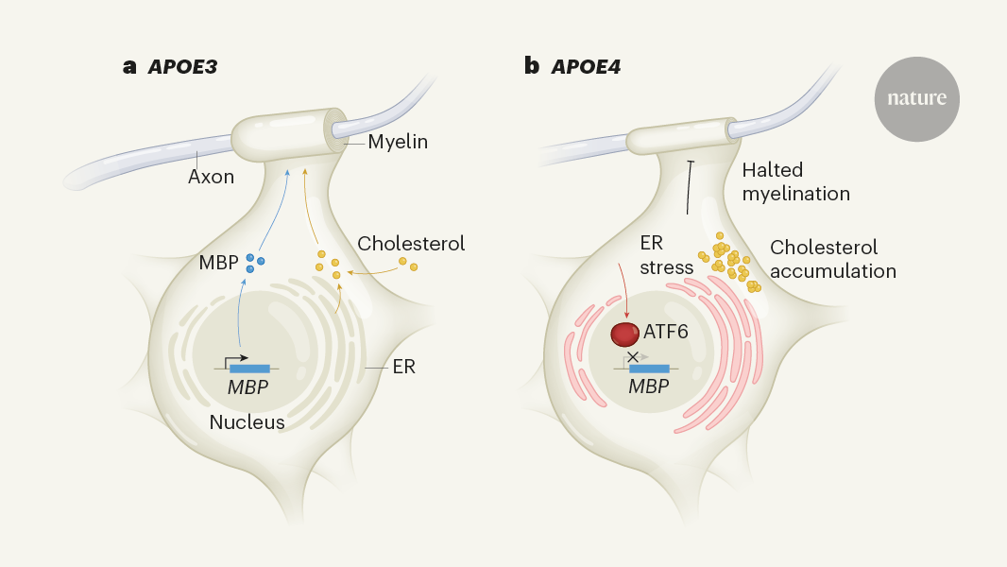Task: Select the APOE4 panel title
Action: [572, 67]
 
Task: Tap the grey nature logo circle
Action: [915, 99]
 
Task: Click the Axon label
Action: [211, 177]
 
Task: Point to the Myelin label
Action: [398, 143]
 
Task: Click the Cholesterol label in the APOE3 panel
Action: [411, 244]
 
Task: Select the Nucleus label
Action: [247, 422]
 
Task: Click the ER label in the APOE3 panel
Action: [402, 367]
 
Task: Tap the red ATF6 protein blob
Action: [624, 334]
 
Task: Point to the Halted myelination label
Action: [795, 181]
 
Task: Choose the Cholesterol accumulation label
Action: [832, 259]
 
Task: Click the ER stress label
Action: [666, 255]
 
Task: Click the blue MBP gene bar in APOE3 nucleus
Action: [249, 369]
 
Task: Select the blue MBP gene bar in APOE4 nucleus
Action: [649, 369]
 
